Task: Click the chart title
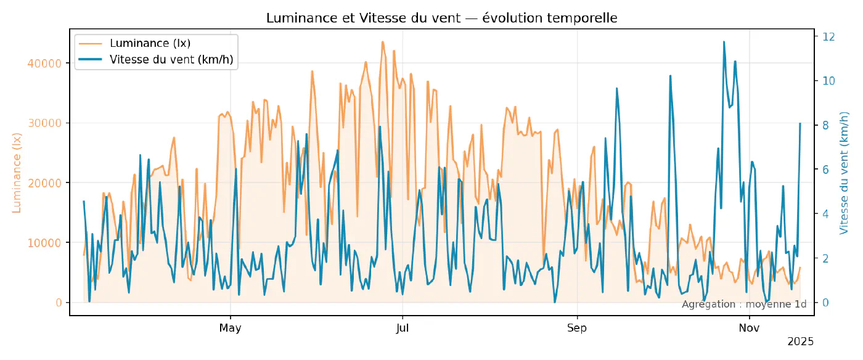tap(441, 18)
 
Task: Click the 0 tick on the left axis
tap(59, 303)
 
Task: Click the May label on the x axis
tap(230, 328)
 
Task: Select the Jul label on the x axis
tap(402, 328)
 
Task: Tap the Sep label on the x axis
tap(577, 328)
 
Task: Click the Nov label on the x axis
tap(749, 328)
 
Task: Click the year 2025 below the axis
tap(801, 342)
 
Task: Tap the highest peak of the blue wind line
tap(724, 42)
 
